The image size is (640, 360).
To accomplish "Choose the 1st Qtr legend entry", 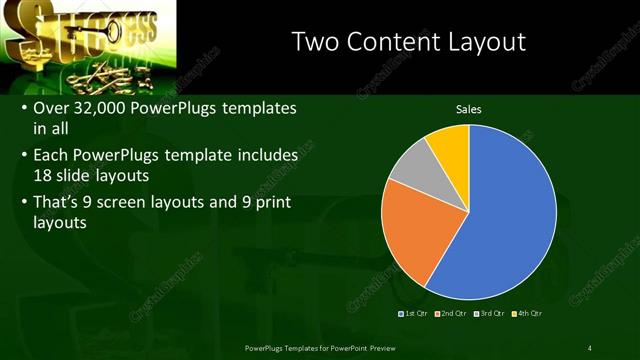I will click(416, 314).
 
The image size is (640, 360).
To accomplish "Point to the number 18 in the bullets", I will click(44, 175).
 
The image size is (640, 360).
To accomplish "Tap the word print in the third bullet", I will click(276, 202).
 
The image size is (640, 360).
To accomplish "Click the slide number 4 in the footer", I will click(590, 348).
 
